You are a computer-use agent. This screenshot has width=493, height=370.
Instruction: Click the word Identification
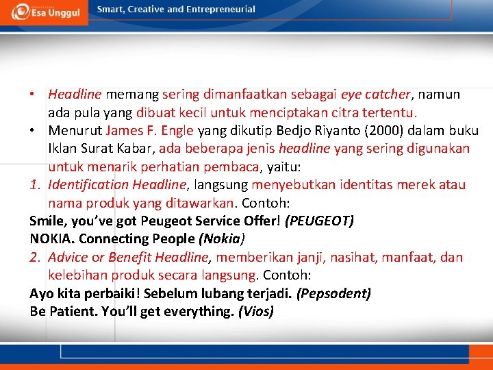(88, 185)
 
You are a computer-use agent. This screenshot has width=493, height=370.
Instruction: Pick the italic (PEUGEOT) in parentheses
(319, 221)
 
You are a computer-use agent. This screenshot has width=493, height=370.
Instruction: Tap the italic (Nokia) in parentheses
(221, 239)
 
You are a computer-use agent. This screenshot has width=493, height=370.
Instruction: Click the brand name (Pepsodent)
(333, 294)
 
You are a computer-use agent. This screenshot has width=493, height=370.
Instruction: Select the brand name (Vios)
(255, 312)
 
